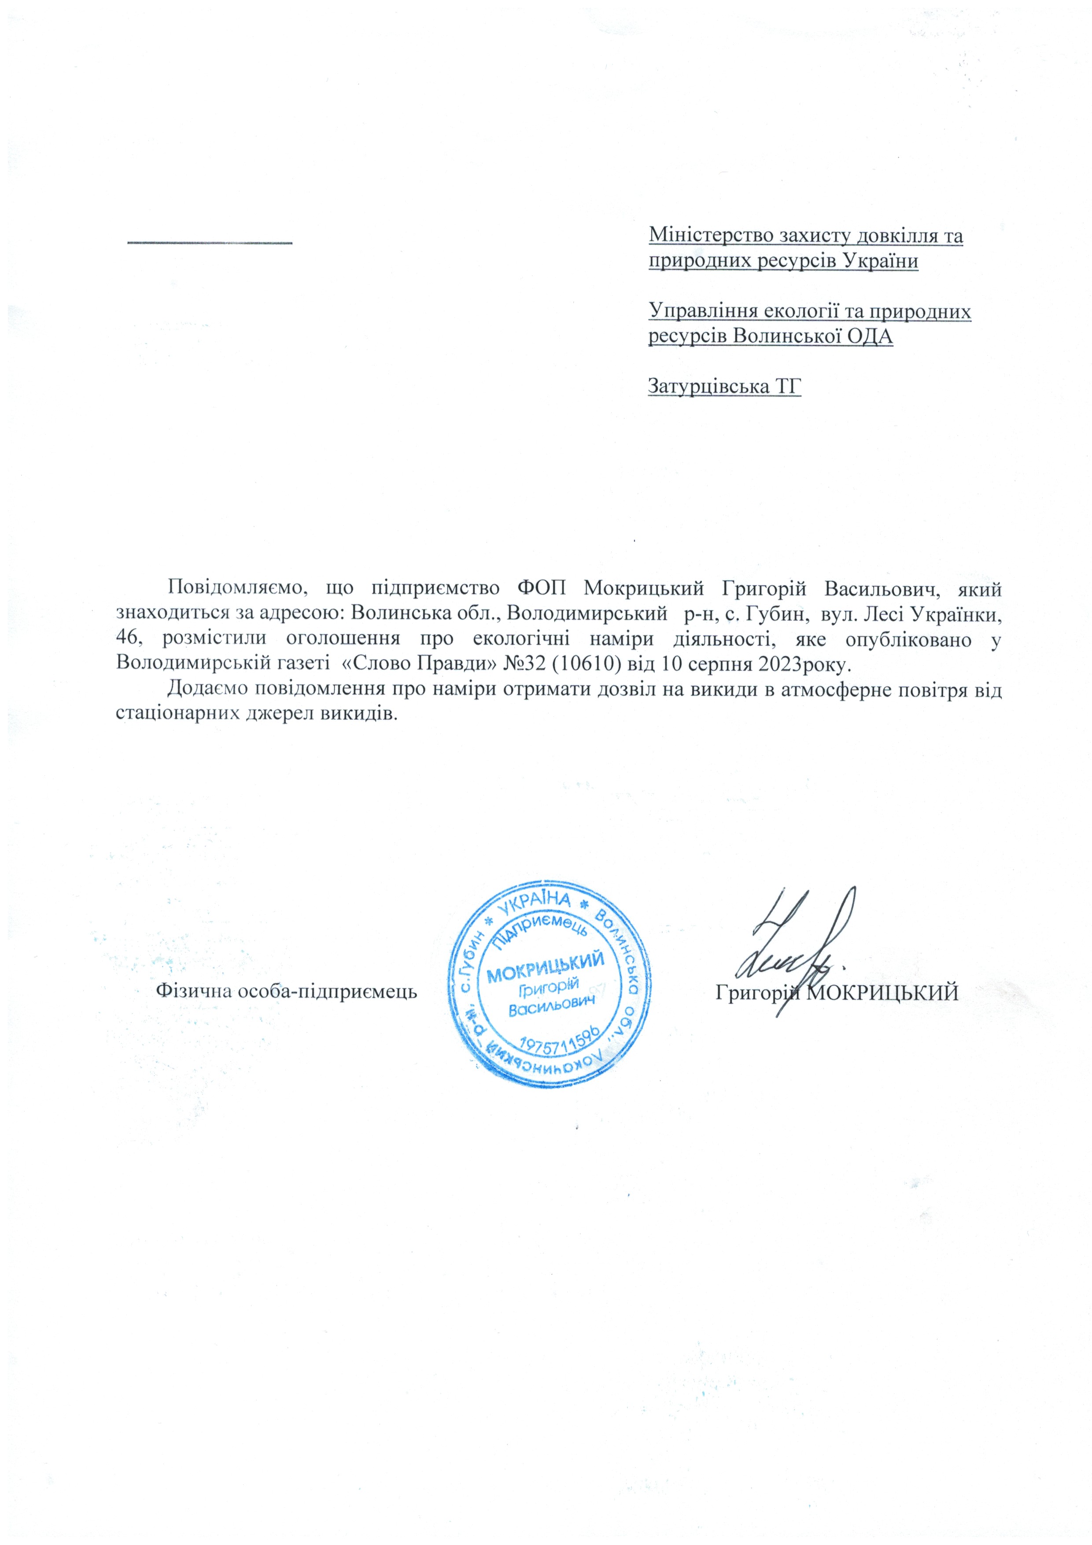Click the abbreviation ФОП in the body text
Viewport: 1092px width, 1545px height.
click(x=542, y=588)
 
